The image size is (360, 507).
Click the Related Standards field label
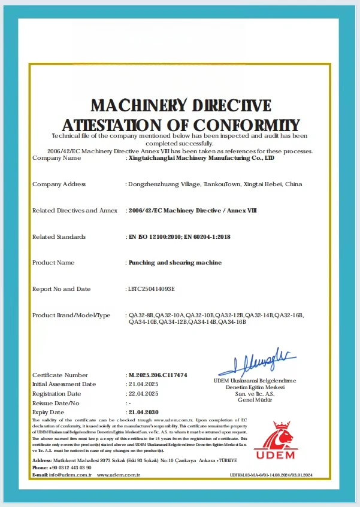(59, 237)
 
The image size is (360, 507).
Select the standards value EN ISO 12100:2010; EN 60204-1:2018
(180, 237)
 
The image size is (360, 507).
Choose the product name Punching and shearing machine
(176, 263)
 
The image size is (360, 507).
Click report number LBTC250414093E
(151, 289)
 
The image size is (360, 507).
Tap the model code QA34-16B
(233, 322)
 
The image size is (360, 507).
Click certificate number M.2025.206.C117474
(158, 375)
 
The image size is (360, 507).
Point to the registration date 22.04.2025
(144, 393)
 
